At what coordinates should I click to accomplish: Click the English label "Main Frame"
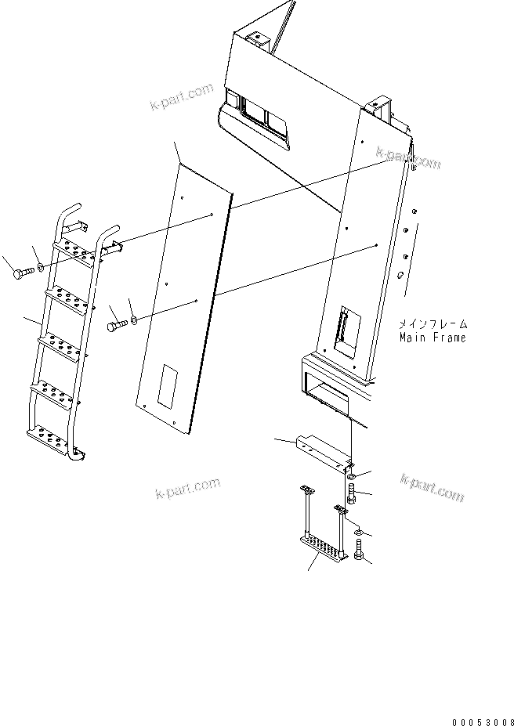[x=432, y=338]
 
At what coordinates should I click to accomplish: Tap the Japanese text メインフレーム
[x=432, y=323]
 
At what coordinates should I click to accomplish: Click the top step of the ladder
[x=77, y=250]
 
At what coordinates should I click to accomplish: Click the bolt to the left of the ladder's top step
[x=22, y=273]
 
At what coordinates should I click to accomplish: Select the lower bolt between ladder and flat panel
[x=117, y=323]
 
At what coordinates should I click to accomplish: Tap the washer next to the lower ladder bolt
[x=135, y=319]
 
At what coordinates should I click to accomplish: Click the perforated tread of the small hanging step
[x=320, y=545]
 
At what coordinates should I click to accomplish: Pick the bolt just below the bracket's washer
[x=352, y=494]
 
